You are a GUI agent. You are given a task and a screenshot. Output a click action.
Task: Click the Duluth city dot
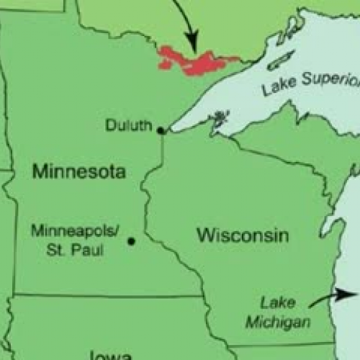tap(161, 130)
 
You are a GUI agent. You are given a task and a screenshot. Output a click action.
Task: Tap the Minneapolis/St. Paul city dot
tap(131, 240)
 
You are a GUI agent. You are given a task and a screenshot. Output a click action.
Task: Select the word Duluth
tap(128, 126)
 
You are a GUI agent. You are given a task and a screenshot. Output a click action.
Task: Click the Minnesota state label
tap(78, 172)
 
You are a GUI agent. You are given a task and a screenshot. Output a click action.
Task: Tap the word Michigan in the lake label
tap(277, 322)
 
